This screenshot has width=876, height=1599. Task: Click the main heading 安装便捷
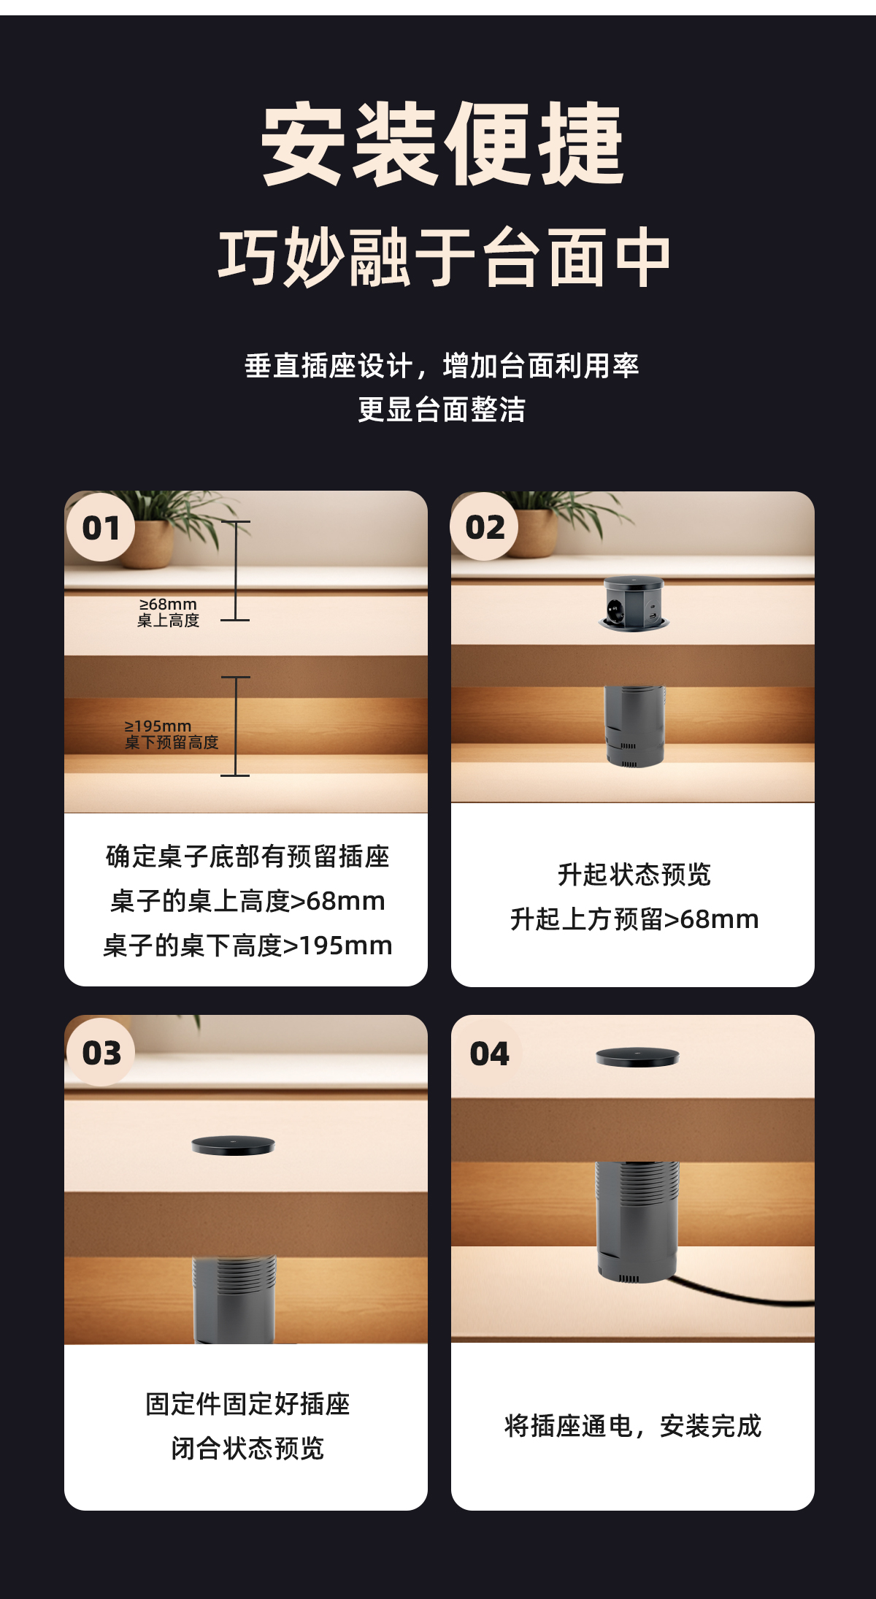pyautogui.click(x=442, y=144)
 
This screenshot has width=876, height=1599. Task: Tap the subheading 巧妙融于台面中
pyautogui.click(x=444, y=257)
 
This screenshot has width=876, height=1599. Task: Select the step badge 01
pyautogui.click(x=101, y=528)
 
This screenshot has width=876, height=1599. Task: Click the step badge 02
pyautogui.click(x=485, y=527)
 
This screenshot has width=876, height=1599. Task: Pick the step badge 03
pyautogui.click(x=101, y=1053)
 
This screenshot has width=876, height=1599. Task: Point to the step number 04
pyautogui.click(x=489, y=1054)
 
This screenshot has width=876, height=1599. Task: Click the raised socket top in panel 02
pyautogui.click(x=634, y=603)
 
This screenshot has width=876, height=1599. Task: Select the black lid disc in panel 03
pyautogui.click(x=233, y=1146)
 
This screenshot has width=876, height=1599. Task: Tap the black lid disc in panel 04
pyautogui.click(x=637, y=1057)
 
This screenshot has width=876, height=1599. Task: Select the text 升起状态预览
pyautogui.click(x=634, y=874)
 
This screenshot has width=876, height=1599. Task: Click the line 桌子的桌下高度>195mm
pyautogui.click(x=247, y=946)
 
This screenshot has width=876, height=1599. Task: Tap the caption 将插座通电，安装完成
pyautogui.click(x=633, y=1425)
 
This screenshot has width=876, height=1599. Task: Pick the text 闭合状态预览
pyautogui.click(x=247, y=1448)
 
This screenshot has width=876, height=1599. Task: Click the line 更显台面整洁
pyautogui.click(x=442, y=410)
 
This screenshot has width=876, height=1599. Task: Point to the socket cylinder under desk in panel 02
pyautogui.click(x=634, y=724)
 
